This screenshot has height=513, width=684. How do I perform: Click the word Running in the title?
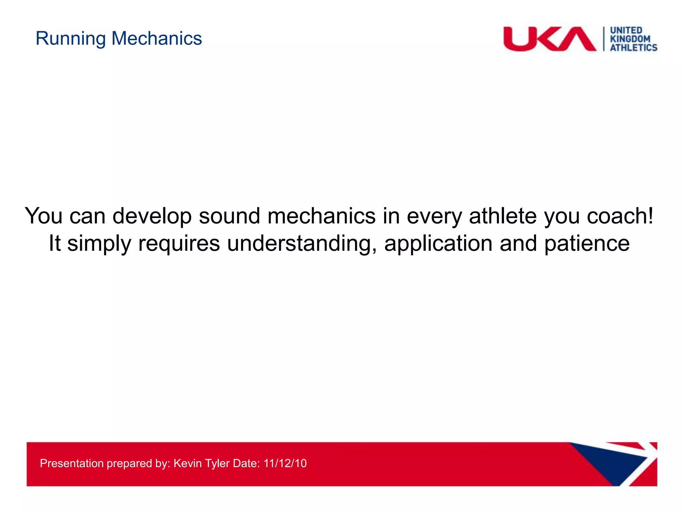tap(70, 39)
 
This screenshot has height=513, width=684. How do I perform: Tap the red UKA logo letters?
tap(549, 39)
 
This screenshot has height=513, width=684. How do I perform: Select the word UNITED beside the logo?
tap(626, 30)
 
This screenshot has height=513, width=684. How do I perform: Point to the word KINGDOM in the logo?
tap(630, 39)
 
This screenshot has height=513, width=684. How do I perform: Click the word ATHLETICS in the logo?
tap(634, 48)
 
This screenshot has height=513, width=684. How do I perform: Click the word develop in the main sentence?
tap(152, 216)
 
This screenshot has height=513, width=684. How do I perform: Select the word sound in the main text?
tap(229, 216)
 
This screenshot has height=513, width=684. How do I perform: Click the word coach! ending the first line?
tap(620, 216)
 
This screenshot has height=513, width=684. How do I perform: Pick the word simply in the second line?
tap(99, 244)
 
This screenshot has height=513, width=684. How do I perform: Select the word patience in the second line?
tap(587, 243)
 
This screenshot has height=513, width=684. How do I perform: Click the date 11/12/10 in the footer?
tap(285, 463)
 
